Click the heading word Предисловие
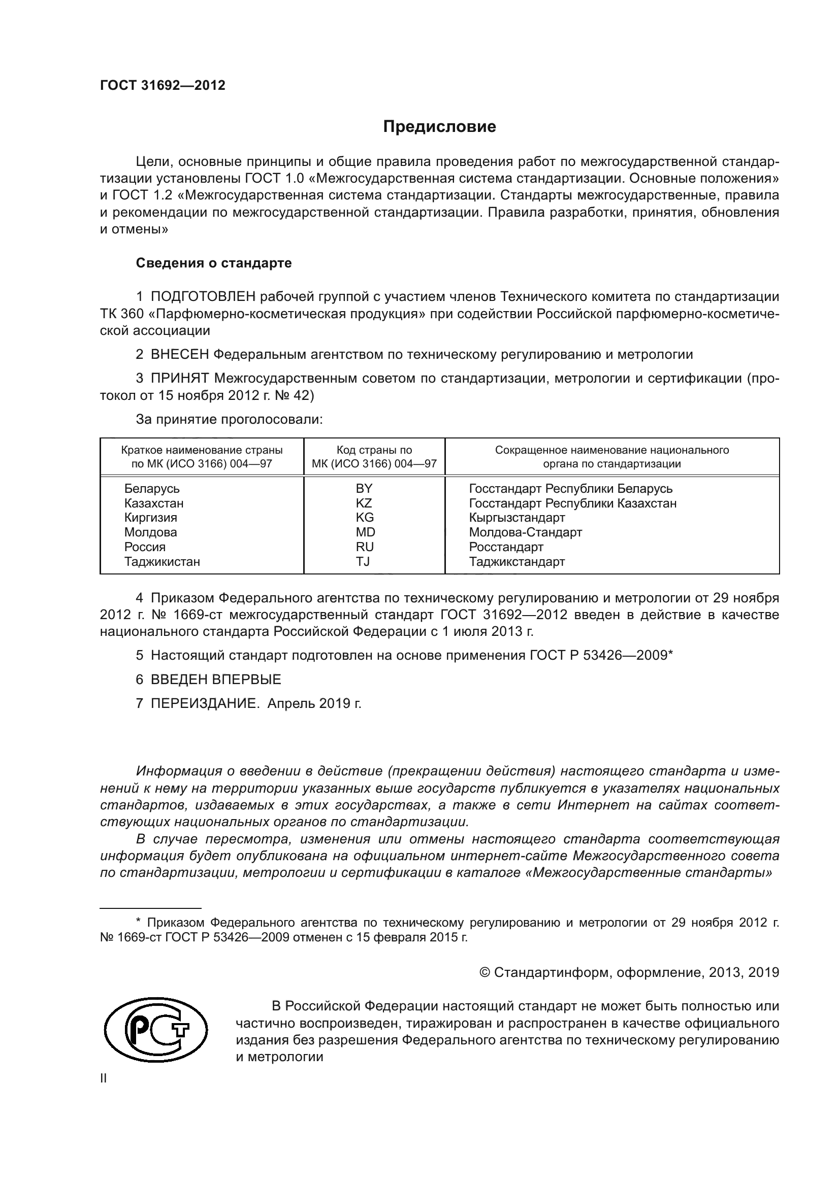[439, 127]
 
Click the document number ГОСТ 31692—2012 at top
[163, 85]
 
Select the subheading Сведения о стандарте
[214, 263]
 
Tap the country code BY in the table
[364, 489]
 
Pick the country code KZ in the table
[364, 503]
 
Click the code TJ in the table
[363, 561]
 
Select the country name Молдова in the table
[150, 532]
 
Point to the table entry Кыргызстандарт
[516, 518]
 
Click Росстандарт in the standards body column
[506, 547]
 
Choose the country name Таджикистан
[162, 561]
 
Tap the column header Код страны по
[374, 450]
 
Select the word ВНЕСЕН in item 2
[180, 354]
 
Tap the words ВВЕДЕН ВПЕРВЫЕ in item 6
[216, 680]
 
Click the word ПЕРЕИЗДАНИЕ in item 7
[204, 703]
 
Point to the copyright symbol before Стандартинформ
[484, 972]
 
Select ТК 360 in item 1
[115, 314]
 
